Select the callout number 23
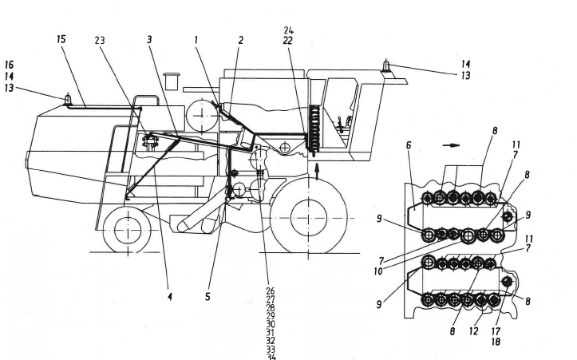[101, 39]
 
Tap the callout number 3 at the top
[149, 39]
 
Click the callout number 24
[289, 30]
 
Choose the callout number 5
[208, 297]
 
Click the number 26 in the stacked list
[270, 291]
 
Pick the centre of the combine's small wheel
[122, 230]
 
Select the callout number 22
[289, 40]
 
